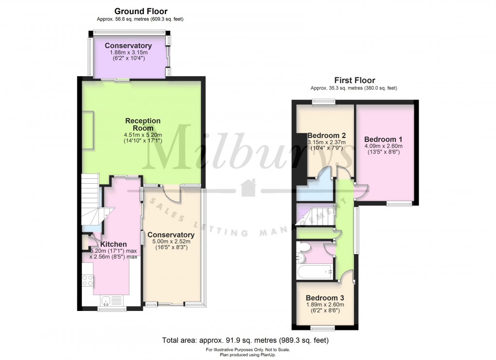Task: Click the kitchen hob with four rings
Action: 88,280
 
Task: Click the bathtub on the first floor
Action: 315,271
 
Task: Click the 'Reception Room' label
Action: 142,124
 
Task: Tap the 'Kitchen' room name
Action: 114,244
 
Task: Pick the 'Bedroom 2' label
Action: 327,135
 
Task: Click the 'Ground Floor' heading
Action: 141,11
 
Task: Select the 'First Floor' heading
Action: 354,81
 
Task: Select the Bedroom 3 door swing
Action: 346,278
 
